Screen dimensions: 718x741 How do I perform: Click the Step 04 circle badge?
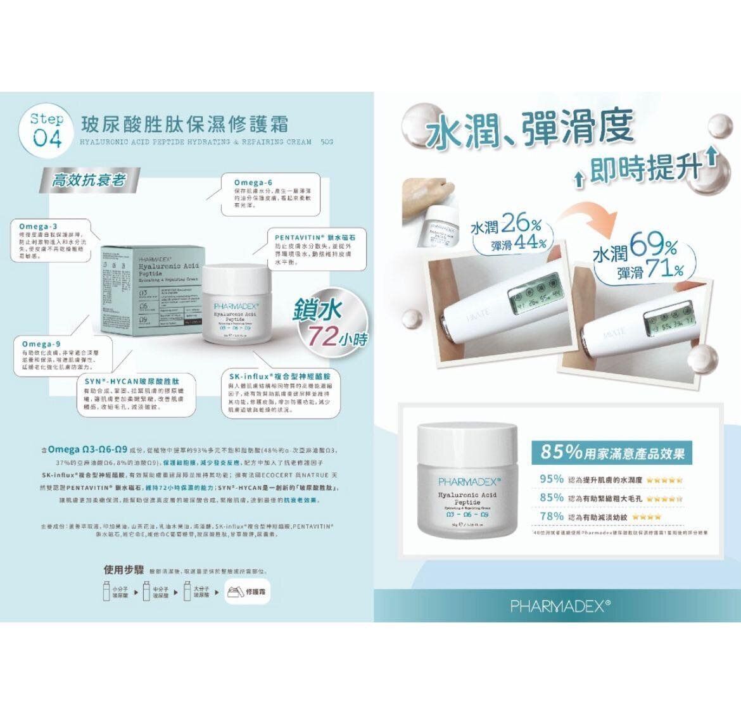click(47, 130)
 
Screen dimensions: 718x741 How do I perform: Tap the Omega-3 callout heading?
click(39, 226)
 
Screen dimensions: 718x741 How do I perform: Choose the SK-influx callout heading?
click(284, 376)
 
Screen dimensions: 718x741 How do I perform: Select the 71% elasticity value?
click(662, 270)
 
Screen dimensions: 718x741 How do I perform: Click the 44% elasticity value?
click(530, 243)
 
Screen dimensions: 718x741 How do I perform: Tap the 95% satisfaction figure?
click(552, 479)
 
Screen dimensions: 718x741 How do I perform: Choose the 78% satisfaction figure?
click(552, 516)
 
